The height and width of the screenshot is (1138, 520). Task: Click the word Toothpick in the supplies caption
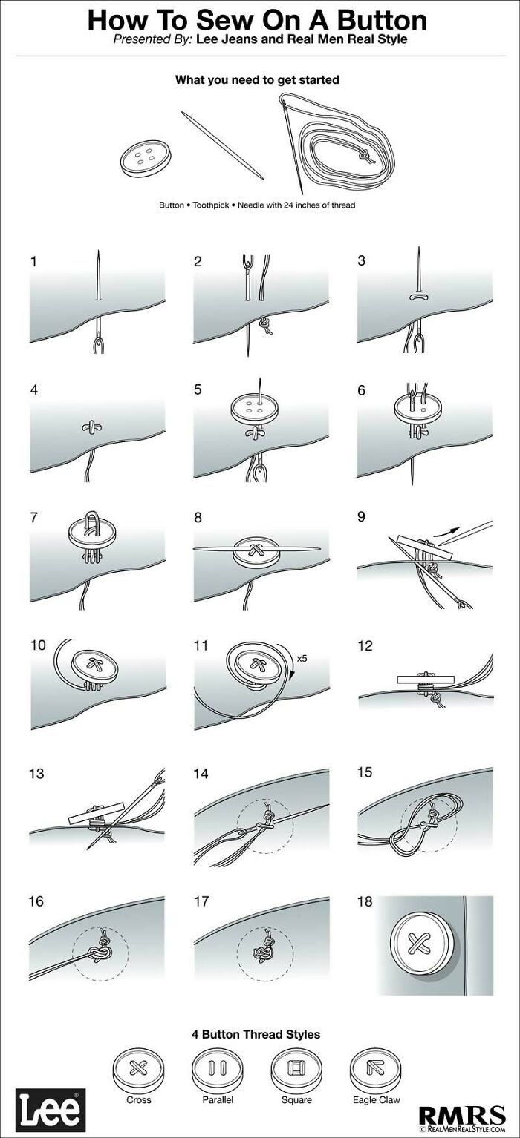(x=211, y=205)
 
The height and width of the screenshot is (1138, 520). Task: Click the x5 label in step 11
(x=302, y=657)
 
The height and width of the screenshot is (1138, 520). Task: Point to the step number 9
(x=361, y=517)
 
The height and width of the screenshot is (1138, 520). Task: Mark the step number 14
(x=201, y=774)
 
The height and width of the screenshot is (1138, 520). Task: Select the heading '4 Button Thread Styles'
(x=257, y=1033)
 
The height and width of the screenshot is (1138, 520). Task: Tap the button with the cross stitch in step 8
(x=256, y=551)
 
